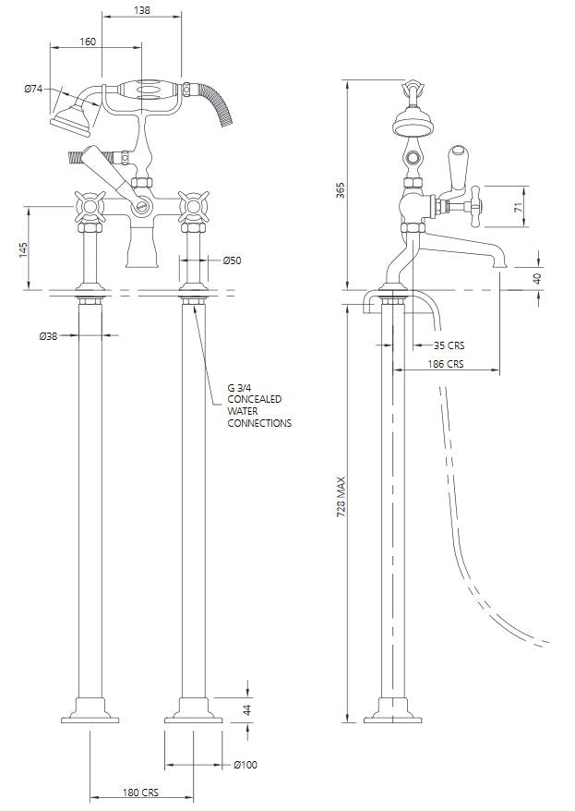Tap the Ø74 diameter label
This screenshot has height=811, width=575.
34,89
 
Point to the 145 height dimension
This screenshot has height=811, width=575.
23,249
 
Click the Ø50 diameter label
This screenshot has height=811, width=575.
232,261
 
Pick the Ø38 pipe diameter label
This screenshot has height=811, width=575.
49,337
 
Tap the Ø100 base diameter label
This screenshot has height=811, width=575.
246,765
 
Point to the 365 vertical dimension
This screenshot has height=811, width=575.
340,190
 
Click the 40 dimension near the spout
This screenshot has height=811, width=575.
539,276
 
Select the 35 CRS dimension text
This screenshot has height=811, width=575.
449,345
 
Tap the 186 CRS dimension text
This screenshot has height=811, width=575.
448,364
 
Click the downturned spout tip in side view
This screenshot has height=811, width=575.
498,265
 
